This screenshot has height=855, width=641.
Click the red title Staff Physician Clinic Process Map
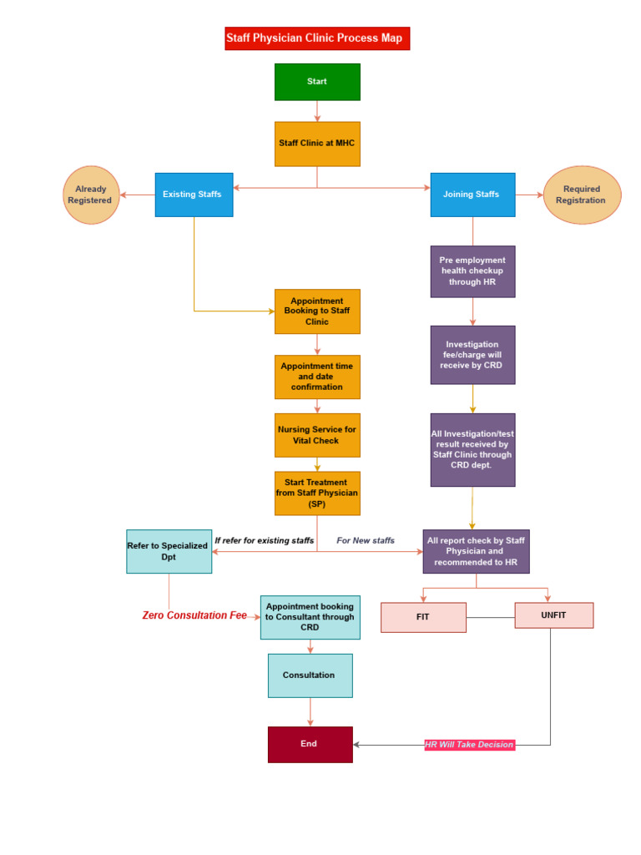[x=317, y=38]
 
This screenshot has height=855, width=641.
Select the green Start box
[x=317, y=82]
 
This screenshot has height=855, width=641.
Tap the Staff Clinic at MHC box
[x=317, y=144]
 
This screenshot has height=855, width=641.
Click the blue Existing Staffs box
[x=194, y=195]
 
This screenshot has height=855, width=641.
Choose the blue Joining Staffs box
[x=472, y=195]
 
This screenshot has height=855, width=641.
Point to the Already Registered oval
[x=91, y=195]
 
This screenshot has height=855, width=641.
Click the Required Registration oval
[x=582, y=195]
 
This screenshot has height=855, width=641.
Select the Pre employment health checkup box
[x=472, y=271]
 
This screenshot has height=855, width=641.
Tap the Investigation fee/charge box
[x=472, y=355]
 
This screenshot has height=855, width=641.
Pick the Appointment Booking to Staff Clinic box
[x=317, y=311]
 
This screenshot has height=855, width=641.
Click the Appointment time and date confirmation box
[x=317, y=377]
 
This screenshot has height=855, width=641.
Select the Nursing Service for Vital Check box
[x=317, y=435]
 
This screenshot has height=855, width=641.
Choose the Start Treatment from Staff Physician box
[x=317, y=493]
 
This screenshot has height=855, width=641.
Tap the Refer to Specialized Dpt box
[x=169, y=551]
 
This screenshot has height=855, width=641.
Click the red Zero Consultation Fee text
[x=194, y=615]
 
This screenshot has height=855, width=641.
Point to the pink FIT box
[x=423, y=617]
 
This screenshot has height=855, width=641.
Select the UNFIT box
[x=553, y=615]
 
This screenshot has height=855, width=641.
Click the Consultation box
[x=310, y=675]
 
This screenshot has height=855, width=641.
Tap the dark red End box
[x=310, y=744]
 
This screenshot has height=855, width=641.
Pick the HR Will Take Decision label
[x=469, y=745]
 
